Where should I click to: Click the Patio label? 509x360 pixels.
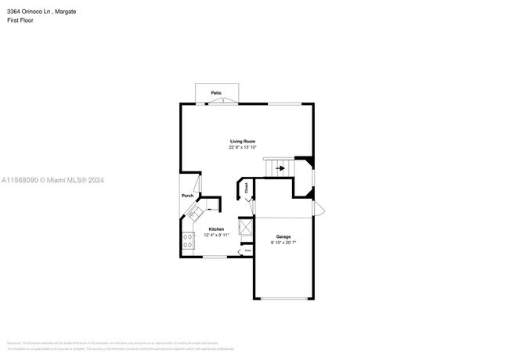click(215, 93)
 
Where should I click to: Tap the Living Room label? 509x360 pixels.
click(242, 141)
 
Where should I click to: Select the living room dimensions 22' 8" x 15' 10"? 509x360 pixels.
click(242, 147)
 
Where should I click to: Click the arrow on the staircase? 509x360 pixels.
click(280, 167)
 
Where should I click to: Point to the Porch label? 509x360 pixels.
click(188, 196)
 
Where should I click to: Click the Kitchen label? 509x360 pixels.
click(216, 229)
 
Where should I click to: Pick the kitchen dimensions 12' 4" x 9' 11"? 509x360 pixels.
click(216, 235)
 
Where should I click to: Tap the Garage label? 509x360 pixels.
click(283, 236)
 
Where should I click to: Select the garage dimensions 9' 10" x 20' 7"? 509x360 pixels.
click(283, 242)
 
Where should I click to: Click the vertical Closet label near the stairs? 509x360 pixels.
click(246, 188)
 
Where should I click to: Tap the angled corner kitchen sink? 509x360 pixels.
click(193, 213)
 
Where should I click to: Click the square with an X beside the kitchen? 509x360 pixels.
click(246, 228)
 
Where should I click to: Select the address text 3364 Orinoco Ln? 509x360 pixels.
click(28, 12)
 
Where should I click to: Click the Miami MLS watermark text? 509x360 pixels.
click(52, 180)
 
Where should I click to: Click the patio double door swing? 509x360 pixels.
click(216, 99)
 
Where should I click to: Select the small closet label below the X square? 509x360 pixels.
click(247, 250)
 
